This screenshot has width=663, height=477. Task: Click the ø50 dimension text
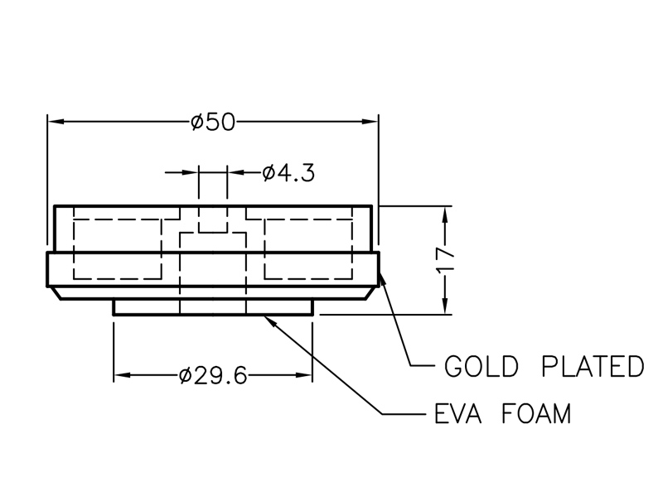(x=214, y=123)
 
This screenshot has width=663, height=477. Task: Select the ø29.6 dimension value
(x=213, y=376)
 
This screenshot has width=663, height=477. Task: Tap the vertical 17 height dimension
(x=446, y=260)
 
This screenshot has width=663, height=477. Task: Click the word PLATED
(x=592, y=365)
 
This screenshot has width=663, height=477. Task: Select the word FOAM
(x=536, y=413)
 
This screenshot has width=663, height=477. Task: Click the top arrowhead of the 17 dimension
(x=446, y=212)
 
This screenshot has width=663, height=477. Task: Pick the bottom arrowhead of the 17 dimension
(x=446, y=308)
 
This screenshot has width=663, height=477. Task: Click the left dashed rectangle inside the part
(x=117, y=248)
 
